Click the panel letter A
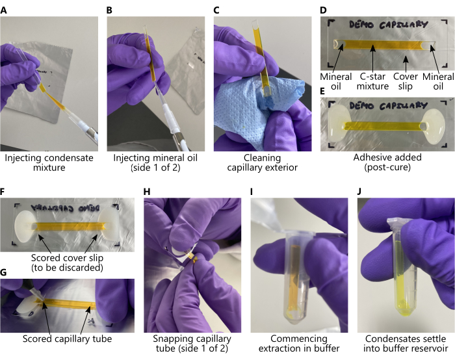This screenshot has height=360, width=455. pos(3,10)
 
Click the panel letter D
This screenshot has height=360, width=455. pos(323,10)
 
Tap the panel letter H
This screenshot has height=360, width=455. pos(147,192)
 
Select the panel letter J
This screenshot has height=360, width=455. pos(360,192)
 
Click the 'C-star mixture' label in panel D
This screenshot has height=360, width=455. pos(372,81)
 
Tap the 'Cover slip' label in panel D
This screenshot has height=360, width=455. pos(406,81)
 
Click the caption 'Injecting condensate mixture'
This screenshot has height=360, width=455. pos(49,162)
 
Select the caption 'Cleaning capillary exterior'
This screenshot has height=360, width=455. pos(263,162)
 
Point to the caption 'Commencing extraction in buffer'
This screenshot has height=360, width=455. pos(299,344)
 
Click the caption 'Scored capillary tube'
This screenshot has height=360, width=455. pos(67,339)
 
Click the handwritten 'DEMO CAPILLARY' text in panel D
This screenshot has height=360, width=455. pos(388,25)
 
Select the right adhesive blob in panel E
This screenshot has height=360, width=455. pos(434,127)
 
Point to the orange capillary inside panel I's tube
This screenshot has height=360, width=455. pos(296,276)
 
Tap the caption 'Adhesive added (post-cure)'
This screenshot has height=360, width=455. pos(387,162)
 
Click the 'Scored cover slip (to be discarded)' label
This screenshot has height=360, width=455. pos(67,263)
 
